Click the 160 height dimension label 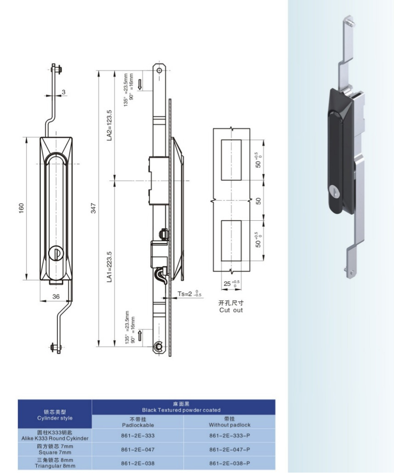point(21,208)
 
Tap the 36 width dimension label point(56,297)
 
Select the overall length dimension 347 point(93,208)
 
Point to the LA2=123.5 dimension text point(109,125)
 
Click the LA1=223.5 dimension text point(109,267)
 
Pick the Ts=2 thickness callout point(189,294)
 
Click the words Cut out point(231,310)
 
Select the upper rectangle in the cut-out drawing point(231,159)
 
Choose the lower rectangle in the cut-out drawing point(231,240)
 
